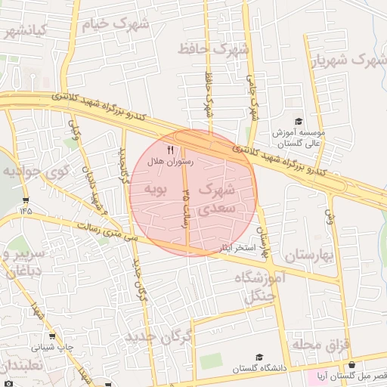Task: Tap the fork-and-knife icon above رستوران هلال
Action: (170, 150)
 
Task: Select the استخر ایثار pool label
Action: (237, 247)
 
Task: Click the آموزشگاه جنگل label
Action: (261, 286)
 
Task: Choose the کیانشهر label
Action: (25, 30)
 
